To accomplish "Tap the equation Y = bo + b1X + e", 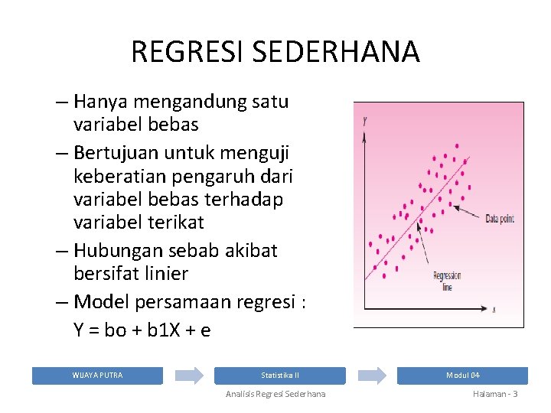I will pos(142,330).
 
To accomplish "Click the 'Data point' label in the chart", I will pos(500,218).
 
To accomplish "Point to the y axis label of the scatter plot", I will pos(365,120).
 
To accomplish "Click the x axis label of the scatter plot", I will pos(494,309).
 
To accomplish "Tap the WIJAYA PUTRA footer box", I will pos(97,376).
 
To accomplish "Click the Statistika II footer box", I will pos(279,376).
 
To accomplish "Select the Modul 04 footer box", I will pos(462,376).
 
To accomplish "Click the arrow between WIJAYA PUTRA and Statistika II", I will pos(188,376).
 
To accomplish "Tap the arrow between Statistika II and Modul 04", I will pos(371,376).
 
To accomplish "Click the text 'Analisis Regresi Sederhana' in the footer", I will pos(275,394).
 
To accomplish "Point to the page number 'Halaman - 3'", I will pos(495,394).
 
